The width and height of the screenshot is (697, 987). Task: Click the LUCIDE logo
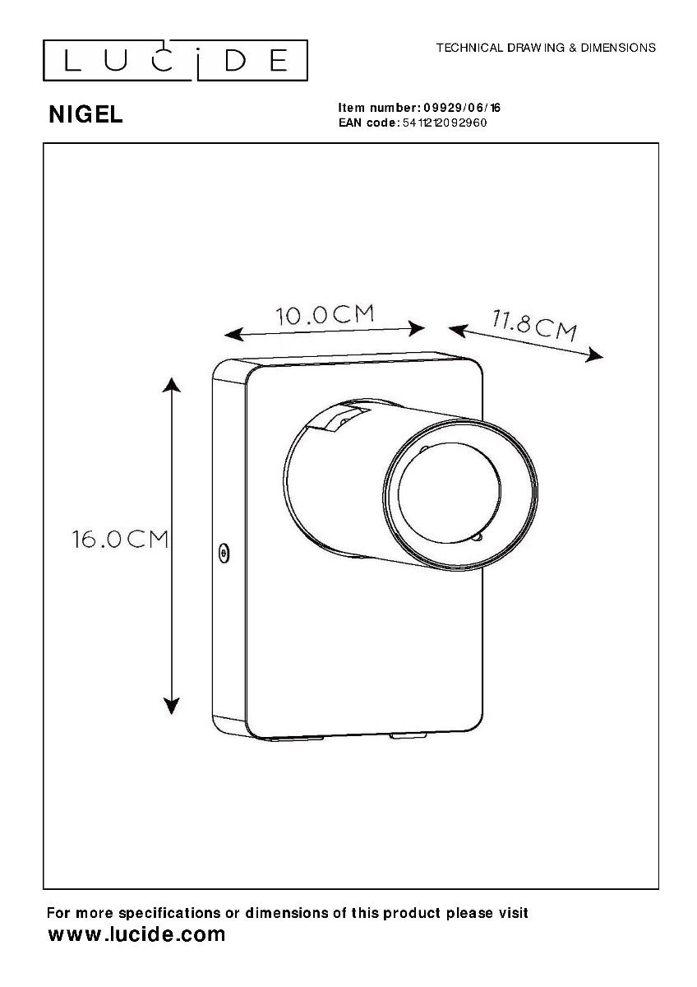point(174,60)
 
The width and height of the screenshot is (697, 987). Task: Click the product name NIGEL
point(85,115)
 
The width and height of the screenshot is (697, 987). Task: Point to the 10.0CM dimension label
point(325,314)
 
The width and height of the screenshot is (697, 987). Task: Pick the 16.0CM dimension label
point(120,540)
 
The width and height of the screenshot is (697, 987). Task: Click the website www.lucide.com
point(136,934)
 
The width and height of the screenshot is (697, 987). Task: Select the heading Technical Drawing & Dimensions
point(546,48)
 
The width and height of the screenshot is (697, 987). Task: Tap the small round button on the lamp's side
point(224,554)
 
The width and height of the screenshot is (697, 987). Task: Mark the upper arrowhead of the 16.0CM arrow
point(171,385)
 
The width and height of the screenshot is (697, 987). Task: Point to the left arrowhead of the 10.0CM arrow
point(233,334)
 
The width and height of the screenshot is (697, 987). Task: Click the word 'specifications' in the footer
point(169,913)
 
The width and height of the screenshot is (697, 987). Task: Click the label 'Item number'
point(378,108)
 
